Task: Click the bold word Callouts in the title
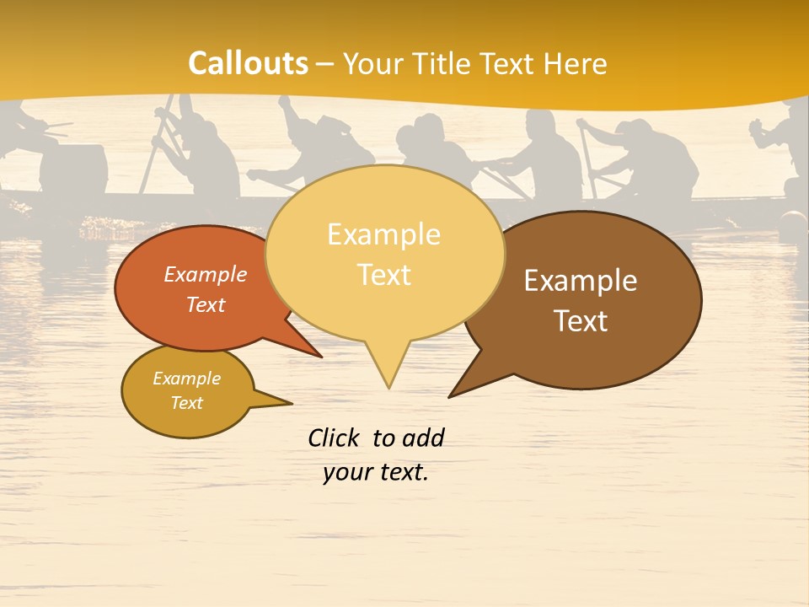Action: [x=248, y=63]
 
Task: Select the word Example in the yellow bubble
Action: [x=383, y=234]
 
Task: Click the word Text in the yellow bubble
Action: [x=384, y=275]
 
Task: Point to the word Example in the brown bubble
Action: [x=581, y=281]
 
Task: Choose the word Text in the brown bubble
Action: [x=581, y=321]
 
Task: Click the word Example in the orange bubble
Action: [x=206, y=274]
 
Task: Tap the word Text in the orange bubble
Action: [x=206, y=304]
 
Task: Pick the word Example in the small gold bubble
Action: [x=187, y=379]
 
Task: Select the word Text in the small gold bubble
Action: [x=187, y=403]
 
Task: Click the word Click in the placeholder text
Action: [x=335, y=438]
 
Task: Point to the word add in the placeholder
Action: [x=423, y=438]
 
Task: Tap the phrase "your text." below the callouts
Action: [x=376, y=472]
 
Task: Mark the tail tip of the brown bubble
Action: [x=451, y=395]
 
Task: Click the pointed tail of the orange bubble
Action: [x=319, y=355]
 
